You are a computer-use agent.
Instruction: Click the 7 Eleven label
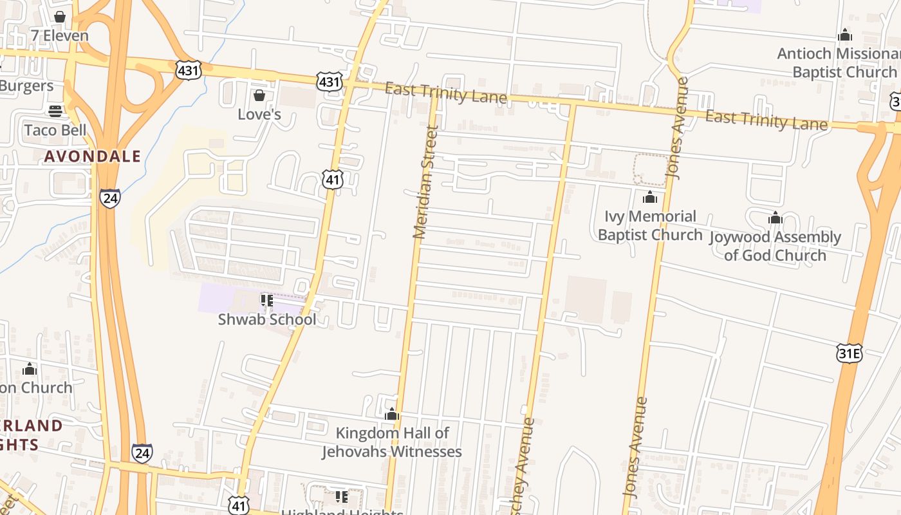(x=60, y=36)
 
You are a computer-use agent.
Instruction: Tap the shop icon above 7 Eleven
(x=60, y=17)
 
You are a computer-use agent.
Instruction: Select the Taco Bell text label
(x=55, y=130)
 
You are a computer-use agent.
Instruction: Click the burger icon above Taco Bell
(x=55, y=111)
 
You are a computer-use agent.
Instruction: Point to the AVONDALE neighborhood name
(x=93, y=156)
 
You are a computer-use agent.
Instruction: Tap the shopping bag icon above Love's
(x=259, y=96)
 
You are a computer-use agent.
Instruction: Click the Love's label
(x=259, y=115)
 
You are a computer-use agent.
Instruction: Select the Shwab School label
(x=267, y=319)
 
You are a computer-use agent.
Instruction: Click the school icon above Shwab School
(x=267, y=301)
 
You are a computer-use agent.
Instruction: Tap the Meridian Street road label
(x=425, y=182)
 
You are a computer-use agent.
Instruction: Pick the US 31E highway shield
(x=849, y=353)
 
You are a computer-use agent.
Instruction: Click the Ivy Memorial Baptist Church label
(x=650, y=225)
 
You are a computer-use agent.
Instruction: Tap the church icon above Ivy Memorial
(x=650, y=197)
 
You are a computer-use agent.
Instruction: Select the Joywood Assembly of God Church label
(x=775, y=246)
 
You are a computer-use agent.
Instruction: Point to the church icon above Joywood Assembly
(x=775, y=218)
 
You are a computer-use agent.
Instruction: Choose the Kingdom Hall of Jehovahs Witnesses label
(x=392, y=442)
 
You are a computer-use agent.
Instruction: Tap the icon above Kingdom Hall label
(x=392, y=415)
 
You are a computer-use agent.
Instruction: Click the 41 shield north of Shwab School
(x=333, y=180)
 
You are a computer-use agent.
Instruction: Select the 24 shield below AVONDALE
(x=110, y=198)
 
